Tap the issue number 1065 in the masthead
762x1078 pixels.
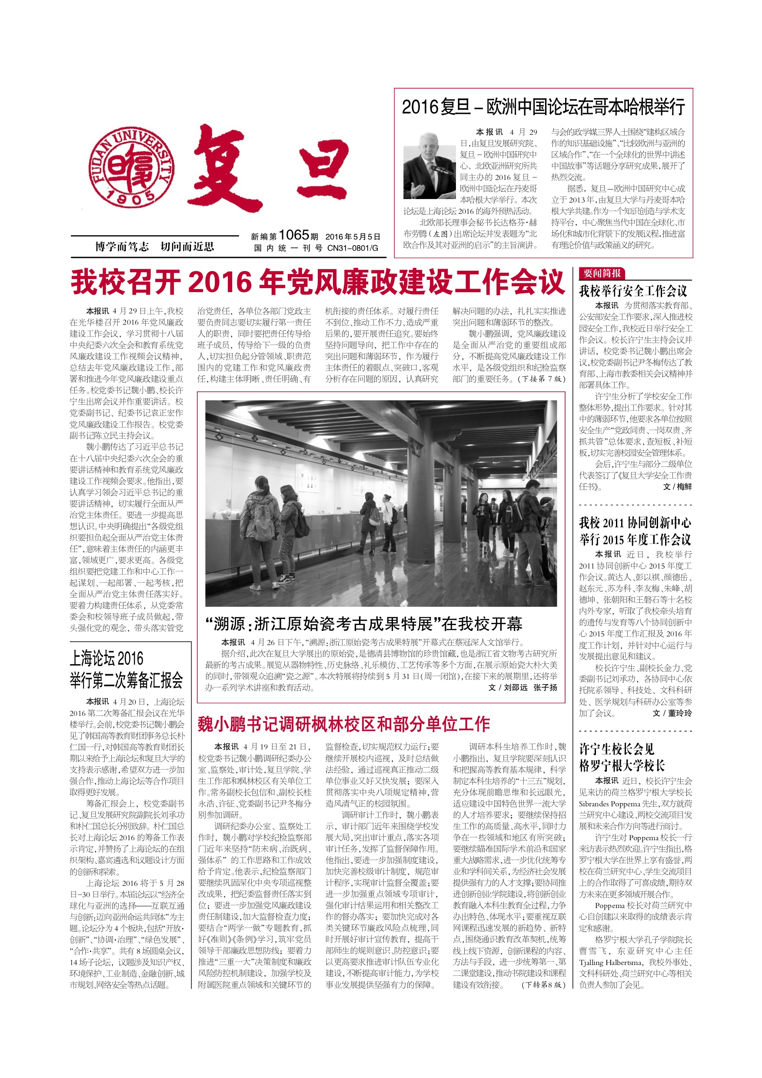pyautogui.click(x=293, y=235)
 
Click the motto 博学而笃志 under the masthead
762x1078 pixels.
pyautogui.click(x=122, y=246)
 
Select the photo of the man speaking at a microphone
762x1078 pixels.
pyautogui.click(x=429, y=166)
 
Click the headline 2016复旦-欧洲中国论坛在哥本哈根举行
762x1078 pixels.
pyautogui.click(x=543, y=107)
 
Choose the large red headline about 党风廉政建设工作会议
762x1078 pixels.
pyautogui.click(x=318, y=282)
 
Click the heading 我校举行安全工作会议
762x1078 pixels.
pyautogui.click(x=633, y=291)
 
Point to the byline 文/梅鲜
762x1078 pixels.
pyautogui.click(x=677, y=487)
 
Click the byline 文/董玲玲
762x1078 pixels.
pyautogui.click(x=672, y=713)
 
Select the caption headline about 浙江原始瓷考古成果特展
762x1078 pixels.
pyautogui.click(x=364, y=624)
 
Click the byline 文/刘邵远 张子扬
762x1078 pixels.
pyautogui.click(x=522, y=687)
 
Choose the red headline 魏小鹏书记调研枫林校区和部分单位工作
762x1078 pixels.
pyautogui.click(x=344, y=724)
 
